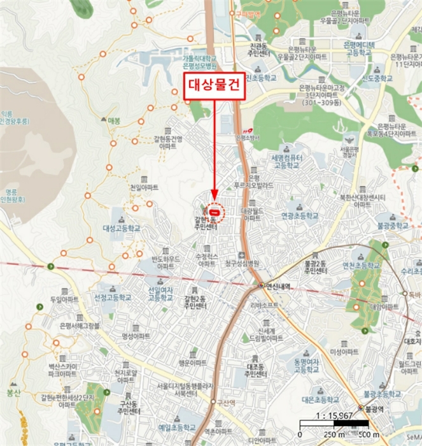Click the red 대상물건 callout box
(x=214, y=87)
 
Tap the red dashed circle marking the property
(x=215, y=211)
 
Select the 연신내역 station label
(x=278, y=286)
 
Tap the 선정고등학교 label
(x=113, y=297)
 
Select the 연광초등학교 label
(x=300, y=216)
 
